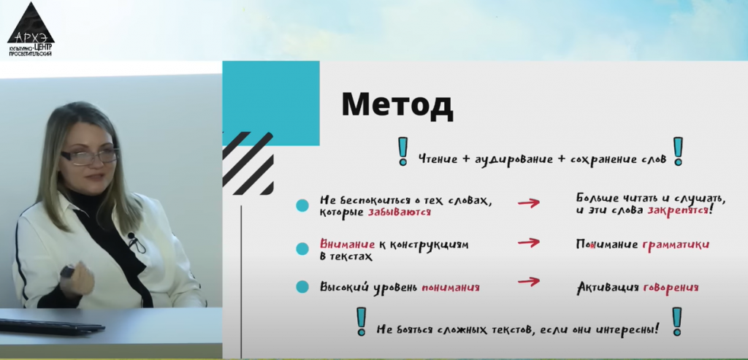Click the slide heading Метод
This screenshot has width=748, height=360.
(397, 105)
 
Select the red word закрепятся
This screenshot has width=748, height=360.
(677, 210)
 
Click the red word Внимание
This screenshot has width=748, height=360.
(347, 245)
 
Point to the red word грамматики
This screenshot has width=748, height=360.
(676, 245)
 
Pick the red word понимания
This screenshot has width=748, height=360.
(450, 288)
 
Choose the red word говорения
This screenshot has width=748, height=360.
(671, 288)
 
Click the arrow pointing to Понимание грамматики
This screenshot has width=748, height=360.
(529, 243)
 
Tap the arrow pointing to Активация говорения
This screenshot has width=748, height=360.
(529, 282)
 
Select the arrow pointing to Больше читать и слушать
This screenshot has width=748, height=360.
(529, 203)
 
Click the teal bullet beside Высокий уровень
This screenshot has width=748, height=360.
(302, 286)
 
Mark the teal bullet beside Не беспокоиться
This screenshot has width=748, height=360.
(302, 205)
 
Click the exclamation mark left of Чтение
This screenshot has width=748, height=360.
(403, 151)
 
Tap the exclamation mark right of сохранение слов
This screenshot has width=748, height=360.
(678, 151)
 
